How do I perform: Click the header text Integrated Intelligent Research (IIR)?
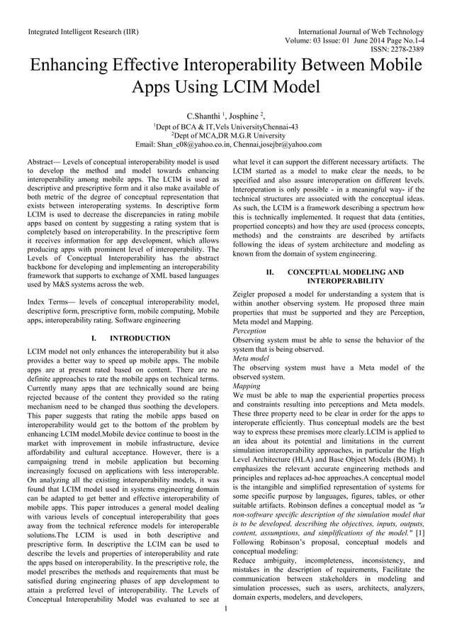pyautogui.click(x=82, y=32)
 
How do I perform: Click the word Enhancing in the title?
pyautogui.click(x=81, y=67)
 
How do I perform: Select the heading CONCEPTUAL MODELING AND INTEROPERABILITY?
pyautogui.click(x=335, y=277)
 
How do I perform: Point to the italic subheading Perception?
pyautogui.click(x=249, y=331)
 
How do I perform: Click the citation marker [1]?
pyautogui.click(x=420, y=552)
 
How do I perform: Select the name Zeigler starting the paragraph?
pyautogui.click(x=247, y=294)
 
